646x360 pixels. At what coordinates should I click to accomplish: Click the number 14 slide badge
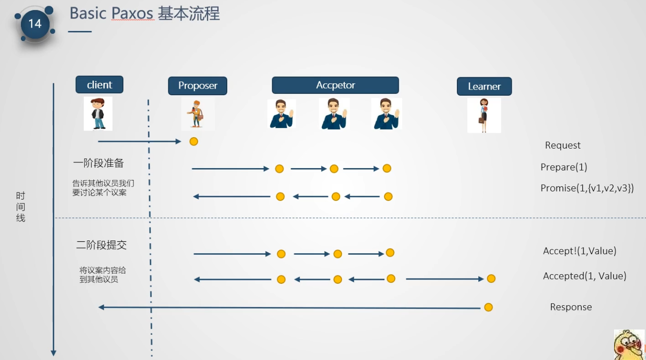[35, 24]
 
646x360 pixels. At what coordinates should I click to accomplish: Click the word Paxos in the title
[132, 13]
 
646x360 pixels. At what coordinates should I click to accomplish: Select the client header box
[100, 85]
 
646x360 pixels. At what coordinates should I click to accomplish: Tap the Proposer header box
[198, 86]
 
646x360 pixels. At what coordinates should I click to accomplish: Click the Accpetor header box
[335, 85]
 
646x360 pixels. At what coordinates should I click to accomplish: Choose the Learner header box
[484, 87]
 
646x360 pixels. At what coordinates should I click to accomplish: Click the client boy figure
[98, 114]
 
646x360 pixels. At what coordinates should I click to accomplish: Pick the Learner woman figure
[484, 115]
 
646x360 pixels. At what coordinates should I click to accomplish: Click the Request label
[563, 145]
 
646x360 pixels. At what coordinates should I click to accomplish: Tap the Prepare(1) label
[564, 167]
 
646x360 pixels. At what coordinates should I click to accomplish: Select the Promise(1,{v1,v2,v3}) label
[587, 188]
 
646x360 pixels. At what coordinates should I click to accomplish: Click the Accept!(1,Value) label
[579, 251]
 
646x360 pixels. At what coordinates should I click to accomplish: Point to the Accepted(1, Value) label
[585, 276]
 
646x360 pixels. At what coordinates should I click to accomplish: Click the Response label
[571, 307]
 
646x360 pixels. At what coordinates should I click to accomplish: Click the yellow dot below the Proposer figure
[194, 141]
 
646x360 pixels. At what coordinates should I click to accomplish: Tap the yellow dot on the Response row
[488, 308]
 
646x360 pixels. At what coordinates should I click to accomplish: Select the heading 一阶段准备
[99, 163]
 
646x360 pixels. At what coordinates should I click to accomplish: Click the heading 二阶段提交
[101, 245]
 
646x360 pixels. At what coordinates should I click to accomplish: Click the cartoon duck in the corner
[628, 345]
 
